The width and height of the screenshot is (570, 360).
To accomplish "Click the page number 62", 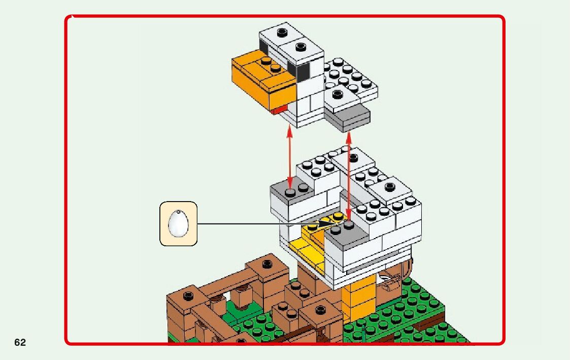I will coord(20,343).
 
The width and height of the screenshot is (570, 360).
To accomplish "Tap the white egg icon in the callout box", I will coord(178,223).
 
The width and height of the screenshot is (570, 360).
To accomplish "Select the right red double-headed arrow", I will coord(349,173).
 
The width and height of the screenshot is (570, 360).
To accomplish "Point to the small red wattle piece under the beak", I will coord(278,110).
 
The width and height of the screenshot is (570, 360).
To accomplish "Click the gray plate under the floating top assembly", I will coord(347,117).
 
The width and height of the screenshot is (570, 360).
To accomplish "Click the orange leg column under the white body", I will coord(359,299).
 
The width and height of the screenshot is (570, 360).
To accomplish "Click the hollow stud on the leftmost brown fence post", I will coord(190,296).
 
